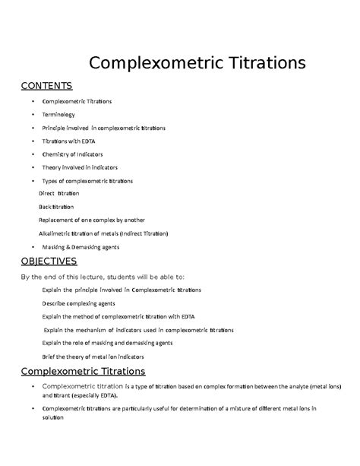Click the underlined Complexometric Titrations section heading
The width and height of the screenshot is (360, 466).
click(83, 371)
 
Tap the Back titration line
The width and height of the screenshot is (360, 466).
click(57, 207)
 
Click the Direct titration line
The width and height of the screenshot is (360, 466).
click(58, 194)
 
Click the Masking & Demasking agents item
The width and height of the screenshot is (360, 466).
click(81, 247)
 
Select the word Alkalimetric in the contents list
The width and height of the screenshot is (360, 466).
click(58, 233)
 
